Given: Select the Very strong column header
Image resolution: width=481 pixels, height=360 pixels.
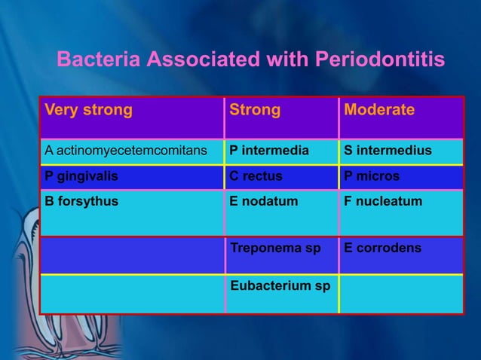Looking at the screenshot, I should click(88, 110).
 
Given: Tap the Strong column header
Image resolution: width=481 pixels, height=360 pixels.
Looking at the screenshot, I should click(255, 110).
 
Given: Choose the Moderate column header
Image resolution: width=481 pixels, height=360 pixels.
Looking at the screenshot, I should click(379, 110).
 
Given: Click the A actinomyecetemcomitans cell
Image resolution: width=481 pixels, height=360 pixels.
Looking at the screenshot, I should click(126, 151).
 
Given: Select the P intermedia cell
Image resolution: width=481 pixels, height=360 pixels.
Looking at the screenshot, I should click(269, 151).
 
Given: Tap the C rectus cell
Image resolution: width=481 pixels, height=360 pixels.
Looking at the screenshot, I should click(256, 176).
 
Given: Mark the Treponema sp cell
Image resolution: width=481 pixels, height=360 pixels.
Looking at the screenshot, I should click(275, 247).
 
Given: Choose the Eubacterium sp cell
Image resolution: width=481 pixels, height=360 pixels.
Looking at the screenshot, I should click(280, 286).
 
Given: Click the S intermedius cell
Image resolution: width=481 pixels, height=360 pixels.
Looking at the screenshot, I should click(388, 151).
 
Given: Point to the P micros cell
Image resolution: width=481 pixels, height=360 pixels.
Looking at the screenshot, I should click(372, 176).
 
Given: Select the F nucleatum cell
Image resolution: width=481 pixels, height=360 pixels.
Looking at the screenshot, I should click(383, 202).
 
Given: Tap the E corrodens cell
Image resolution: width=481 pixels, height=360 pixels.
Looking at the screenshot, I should click(382, 247).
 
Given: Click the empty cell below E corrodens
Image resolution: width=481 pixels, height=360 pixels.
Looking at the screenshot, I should click(401, 294).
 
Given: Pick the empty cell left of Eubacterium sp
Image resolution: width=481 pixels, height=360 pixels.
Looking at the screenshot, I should click(132, 294).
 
